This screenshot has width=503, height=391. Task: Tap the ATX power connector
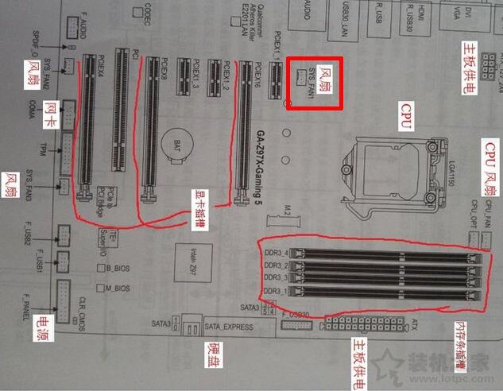(370, 323)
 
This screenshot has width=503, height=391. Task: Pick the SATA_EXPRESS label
(222, 325)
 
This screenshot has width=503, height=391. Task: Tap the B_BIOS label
(117, 269)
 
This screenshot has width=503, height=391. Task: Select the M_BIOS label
(117, 288)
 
